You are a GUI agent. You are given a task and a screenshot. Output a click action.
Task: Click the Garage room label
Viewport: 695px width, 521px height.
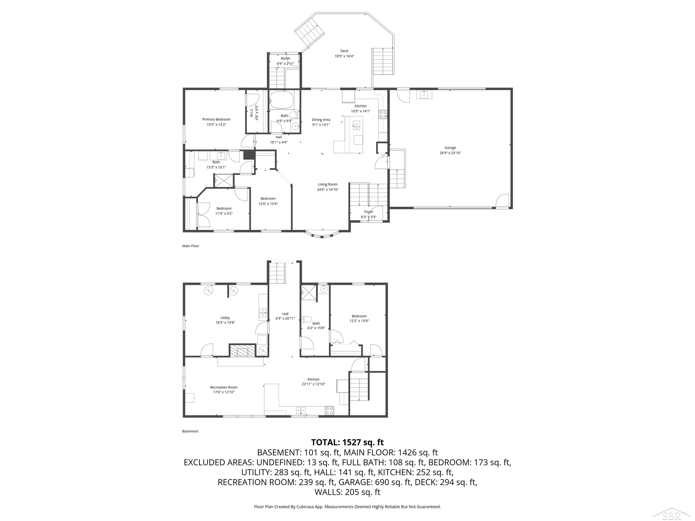(450, 148)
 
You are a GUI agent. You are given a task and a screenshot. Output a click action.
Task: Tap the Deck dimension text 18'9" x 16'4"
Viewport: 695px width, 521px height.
(344, 56)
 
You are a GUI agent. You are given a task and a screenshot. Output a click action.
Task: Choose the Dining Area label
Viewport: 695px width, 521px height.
(321, 120)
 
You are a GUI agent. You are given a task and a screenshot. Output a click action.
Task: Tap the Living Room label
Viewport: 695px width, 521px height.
(328, 184)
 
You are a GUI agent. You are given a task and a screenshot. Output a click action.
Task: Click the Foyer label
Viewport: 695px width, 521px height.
(369, 212)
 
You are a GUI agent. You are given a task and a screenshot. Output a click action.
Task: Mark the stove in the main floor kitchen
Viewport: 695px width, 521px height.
(383, 114)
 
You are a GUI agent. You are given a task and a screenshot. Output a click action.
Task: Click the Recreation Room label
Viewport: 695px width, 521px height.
(224, 387)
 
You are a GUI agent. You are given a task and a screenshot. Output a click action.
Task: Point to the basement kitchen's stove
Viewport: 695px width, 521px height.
(329, 410)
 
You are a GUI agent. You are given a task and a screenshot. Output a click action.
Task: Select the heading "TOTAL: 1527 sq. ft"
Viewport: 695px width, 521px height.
(347, 443)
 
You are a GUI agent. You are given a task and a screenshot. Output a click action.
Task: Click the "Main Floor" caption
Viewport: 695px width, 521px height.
(191, 246)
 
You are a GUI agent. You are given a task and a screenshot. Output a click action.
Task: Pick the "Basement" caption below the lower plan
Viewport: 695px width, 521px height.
(190, 431)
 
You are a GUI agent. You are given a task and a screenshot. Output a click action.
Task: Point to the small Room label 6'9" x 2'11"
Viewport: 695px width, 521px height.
(285, 61)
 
